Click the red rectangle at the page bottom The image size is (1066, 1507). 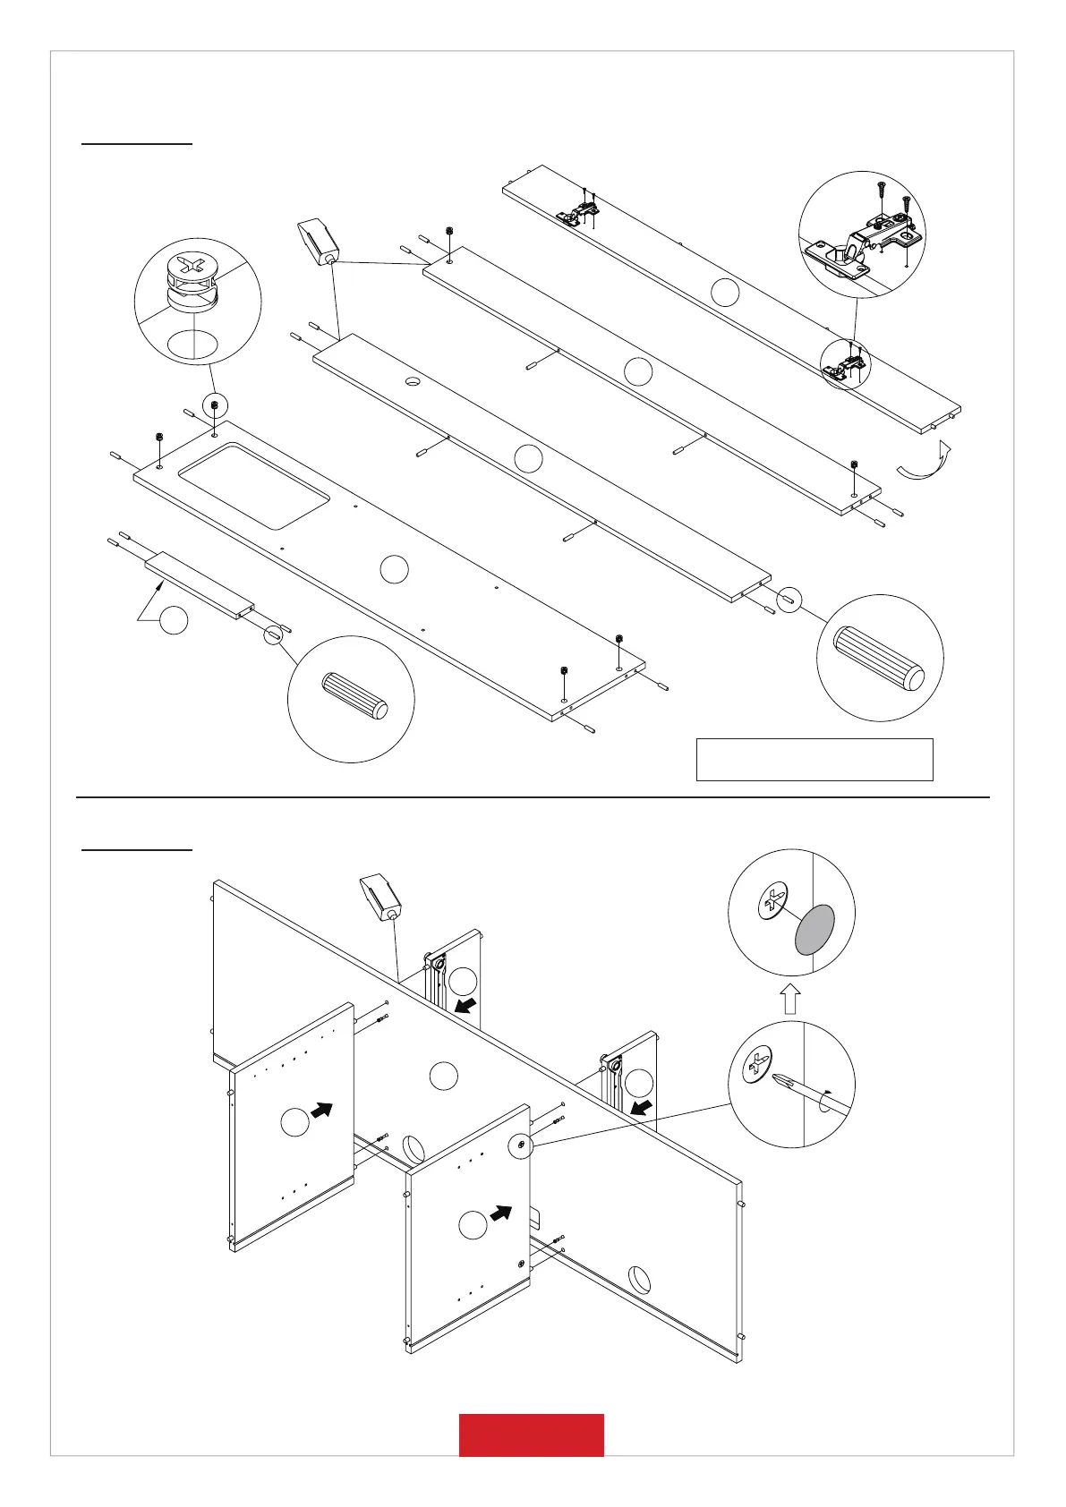point(531,1435)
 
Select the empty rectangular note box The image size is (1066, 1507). point(814,759)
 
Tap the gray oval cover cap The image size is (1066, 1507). point(814,929)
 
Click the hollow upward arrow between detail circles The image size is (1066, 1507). point(789,998)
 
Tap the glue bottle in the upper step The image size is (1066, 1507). point(318,240)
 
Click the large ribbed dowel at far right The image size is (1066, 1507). point(879,658)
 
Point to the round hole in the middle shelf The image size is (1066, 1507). point(414,381)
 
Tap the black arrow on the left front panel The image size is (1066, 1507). point(321,1110)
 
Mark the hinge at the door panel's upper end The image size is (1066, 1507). point(577,212)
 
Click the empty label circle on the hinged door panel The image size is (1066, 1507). point(726,292)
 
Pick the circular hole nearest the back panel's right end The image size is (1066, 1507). point(639,1275)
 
